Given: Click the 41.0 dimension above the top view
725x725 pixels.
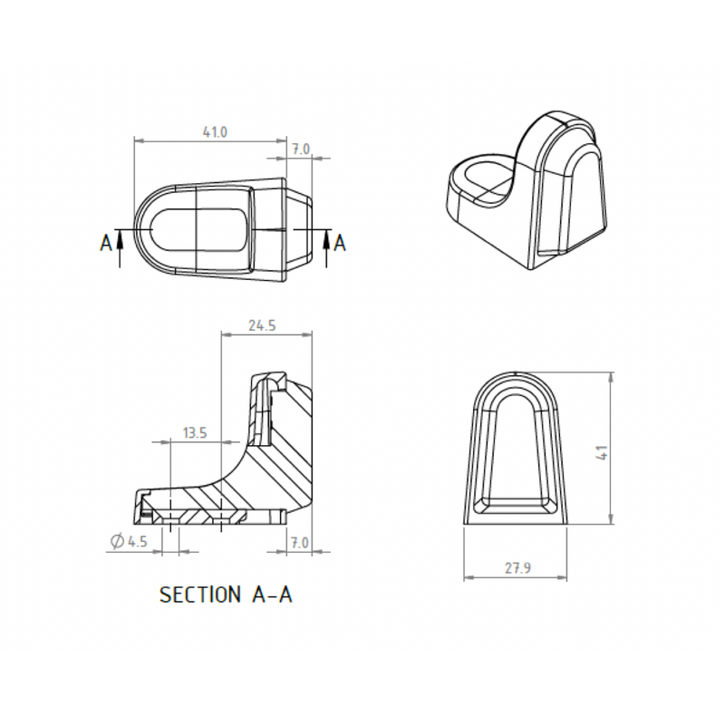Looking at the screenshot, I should [x=215, y=131].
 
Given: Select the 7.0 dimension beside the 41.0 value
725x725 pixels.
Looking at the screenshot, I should [x=301, y=149].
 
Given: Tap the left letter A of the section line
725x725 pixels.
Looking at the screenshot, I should [x=106, y=242].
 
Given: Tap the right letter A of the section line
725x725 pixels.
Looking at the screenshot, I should [x=340, y=242].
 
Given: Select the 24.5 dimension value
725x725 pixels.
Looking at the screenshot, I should [x=261, y=325].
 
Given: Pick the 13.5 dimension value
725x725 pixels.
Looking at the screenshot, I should [x=195, y=433].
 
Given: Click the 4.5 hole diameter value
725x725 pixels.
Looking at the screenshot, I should [x=137, y=542].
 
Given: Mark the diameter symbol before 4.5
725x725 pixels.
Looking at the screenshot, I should [x=117, y=542].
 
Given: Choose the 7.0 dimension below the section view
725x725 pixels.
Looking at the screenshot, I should [x=301, y=542].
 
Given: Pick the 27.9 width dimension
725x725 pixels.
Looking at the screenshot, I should [x=517, y=568].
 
